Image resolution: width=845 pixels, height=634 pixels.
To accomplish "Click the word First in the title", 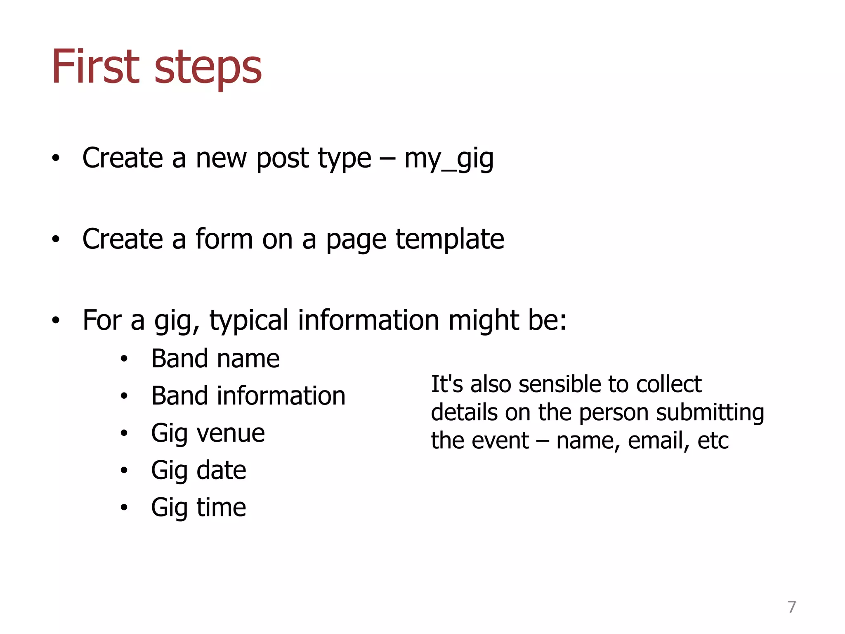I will tap(95, 67).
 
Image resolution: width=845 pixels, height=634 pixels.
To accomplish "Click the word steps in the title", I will tap(208, 69).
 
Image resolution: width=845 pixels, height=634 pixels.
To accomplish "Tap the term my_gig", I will tap(448, 159).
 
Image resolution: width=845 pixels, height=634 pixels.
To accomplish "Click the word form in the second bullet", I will tap(224, 239).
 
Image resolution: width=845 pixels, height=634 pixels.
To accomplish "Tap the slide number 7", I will tap(791, 607).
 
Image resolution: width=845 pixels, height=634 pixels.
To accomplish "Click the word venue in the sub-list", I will tap(231, 433).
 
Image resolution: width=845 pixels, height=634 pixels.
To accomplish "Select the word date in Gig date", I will tap(222, 471).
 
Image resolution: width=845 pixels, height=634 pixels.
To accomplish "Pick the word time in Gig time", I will tap(221, 508).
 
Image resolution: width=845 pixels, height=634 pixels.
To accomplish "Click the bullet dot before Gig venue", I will tap(124, 433).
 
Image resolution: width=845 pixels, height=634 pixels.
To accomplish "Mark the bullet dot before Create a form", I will tap(56, 239).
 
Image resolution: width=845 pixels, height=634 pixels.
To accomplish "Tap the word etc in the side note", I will tap(713, 441).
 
